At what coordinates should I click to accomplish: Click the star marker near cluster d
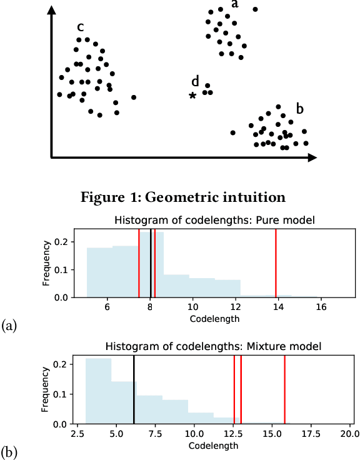tap(192, 95)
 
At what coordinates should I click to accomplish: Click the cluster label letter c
tap(81, 27)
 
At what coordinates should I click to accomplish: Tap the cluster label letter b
tap(300, 108)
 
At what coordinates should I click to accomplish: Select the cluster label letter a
tap(235, 4)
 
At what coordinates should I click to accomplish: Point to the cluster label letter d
tap(195, 81)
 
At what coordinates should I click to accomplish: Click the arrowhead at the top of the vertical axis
tap(50, 11)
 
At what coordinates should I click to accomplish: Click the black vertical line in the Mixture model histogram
tap(134, 390)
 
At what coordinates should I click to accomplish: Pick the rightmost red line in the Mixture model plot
tap(284, 390)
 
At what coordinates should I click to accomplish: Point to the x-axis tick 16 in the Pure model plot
tap(321, 307)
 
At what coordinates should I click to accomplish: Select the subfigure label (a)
tap(9, 325)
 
